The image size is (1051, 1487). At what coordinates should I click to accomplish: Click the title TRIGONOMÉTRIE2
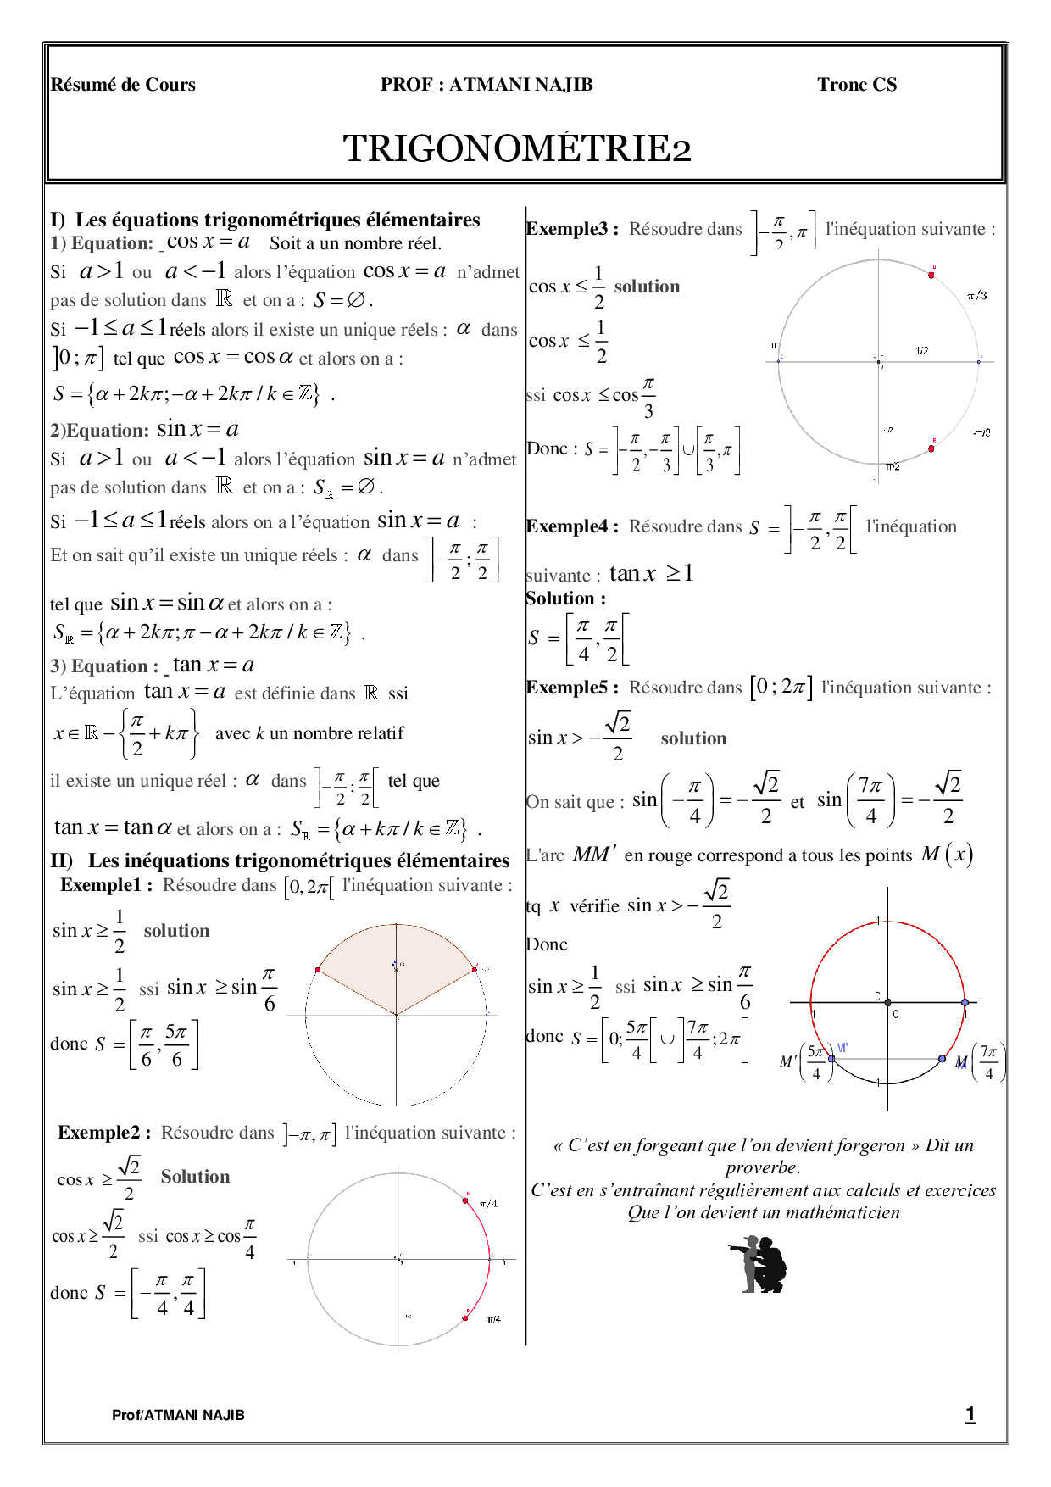click(x=517, y=148)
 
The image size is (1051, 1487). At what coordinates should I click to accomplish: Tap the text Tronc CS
click(x=856, y=85)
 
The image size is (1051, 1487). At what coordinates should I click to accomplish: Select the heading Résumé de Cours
click(x=123, y=85)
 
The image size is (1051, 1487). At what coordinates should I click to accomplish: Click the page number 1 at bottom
click(x=970, y=1414)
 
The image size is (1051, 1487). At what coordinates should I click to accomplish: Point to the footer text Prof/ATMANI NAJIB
click(x=178, y=1415)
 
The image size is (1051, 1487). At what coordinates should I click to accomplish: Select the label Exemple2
click(x=104, y=1133)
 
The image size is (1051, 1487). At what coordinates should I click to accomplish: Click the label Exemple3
click(x=572, y=229)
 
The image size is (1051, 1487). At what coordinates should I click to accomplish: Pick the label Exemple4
click(x=572, y=526)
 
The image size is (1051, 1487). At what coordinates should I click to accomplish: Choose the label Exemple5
click(x=572, y=688)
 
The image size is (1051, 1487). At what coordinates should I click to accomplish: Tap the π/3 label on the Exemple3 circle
click(x=976, y=296)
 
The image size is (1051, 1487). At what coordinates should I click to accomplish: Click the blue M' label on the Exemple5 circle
click(x=842, y=1048)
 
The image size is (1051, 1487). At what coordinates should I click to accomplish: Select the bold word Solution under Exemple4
click(x=565, y=599)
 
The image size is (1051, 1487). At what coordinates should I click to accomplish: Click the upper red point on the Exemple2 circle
click(x=465, y=1200)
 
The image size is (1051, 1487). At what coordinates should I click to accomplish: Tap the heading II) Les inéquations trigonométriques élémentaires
click(x=280, y=860)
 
